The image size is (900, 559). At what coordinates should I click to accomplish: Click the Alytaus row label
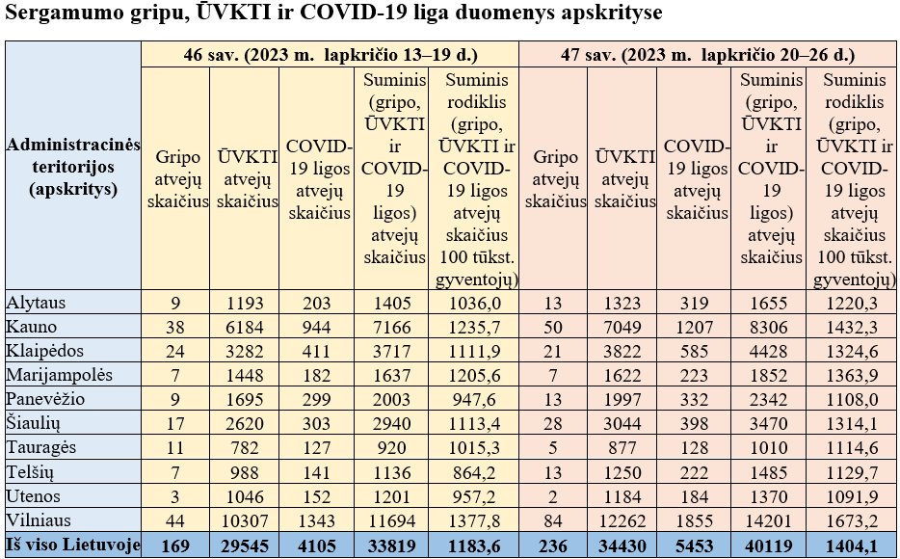(x=36, y=303)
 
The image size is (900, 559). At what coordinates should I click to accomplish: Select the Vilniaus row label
(x=39, y=520)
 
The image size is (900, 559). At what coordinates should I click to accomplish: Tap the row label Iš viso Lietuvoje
(x=73, y=545)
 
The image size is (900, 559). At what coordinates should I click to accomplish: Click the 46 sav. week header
(x=331, y=55)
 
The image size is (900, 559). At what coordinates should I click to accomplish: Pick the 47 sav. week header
(x=707, y=55)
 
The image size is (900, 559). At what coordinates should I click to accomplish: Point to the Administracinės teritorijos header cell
(x=73, y=167)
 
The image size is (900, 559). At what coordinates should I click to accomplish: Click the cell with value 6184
(x=245, y=327)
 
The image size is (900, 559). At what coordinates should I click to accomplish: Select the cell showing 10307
(x=245, y=520)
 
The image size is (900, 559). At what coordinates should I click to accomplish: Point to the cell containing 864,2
(x=473, y=472)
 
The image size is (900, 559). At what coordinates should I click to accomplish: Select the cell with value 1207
(x=694, y=327)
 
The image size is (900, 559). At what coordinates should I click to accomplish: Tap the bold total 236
(x=553, y=546)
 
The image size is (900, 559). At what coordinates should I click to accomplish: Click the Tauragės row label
(x=40, y=447)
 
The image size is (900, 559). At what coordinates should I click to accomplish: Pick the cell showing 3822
(x=622, y=351)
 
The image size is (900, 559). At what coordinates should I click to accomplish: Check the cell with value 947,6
(x=473, y=399)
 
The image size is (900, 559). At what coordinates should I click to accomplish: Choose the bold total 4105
(x=316, y=546)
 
